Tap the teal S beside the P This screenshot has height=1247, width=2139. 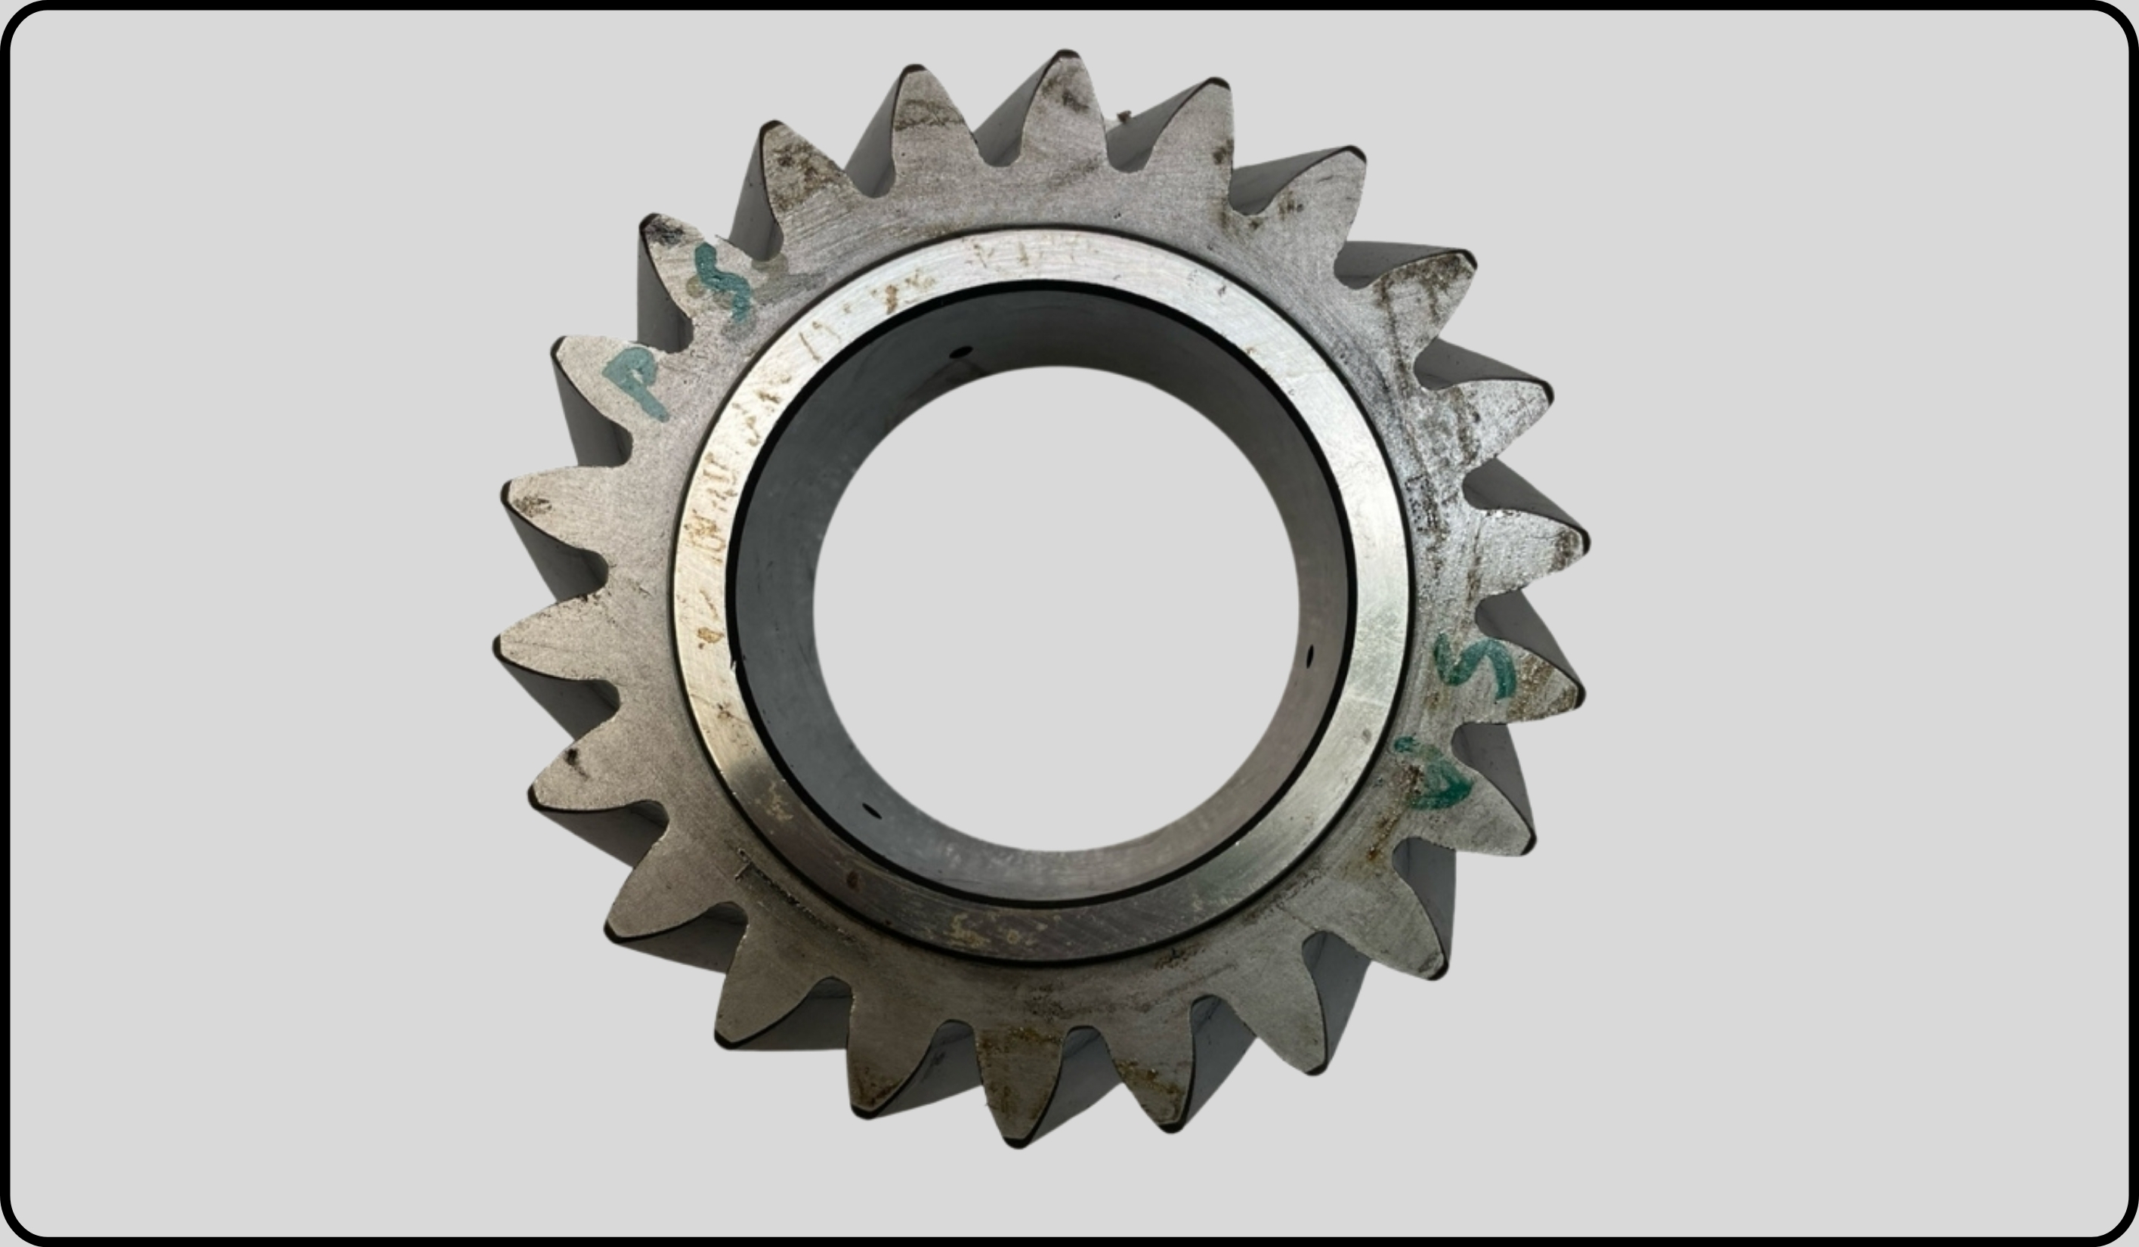click(724, 281)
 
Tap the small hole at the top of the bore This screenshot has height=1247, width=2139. click(960, 352)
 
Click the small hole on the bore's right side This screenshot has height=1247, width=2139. click(1309, 655)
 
